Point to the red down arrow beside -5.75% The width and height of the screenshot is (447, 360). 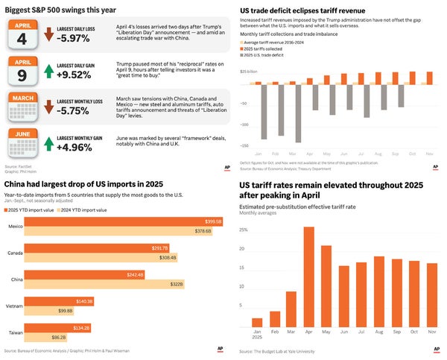coord(48,109)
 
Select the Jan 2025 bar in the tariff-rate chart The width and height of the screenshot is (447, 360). coord(257,323)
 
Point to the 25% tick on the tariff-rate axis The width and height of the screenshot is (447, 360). coord(243,230)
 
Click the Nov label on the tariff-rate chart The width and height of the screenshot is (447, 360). coord(432,333)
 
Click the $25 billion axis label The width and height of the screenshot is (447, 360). coord(248,72)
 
